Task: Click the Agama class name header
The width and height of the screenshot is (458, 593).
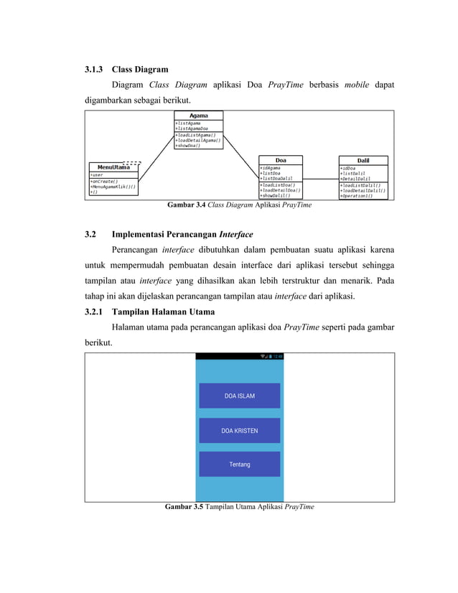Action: tap(199, 116)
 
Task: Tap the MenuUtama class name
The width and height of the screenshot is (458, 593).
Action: tap(114, 167)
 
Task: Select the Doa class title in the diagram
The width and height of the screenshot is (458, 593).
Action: tap(281, 160)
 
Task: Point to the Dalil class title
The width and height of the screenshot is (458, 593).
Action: tap(363, 160)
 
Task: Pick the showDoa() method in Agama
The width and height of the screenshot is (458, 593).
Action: tap(188, 146)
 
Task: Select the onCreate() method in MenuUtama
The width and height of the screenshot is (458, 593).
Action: tap(105, 182)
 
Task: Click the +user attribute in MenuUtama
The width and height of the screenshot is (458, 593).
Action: tap(96, 174)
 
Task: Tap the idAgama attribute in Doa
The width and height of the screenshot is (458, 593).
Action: tap(271, 167)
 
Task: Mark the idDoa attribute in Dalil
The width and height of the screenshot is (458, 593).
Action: tap(349, 168)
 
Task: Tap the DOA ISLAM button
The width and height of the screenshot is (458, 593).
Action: tap(240, 396)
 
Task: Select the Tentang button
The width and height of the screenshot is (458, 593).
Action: tap(240, 464)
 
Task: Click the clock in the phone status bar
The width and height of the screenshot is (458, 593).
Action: tap(278, 356)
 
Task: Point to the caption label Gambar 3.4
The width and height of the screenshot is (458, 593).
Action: tap(186, 205)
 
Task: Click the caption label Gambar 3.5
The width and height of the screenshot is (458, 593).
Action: tap(184, 507)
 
